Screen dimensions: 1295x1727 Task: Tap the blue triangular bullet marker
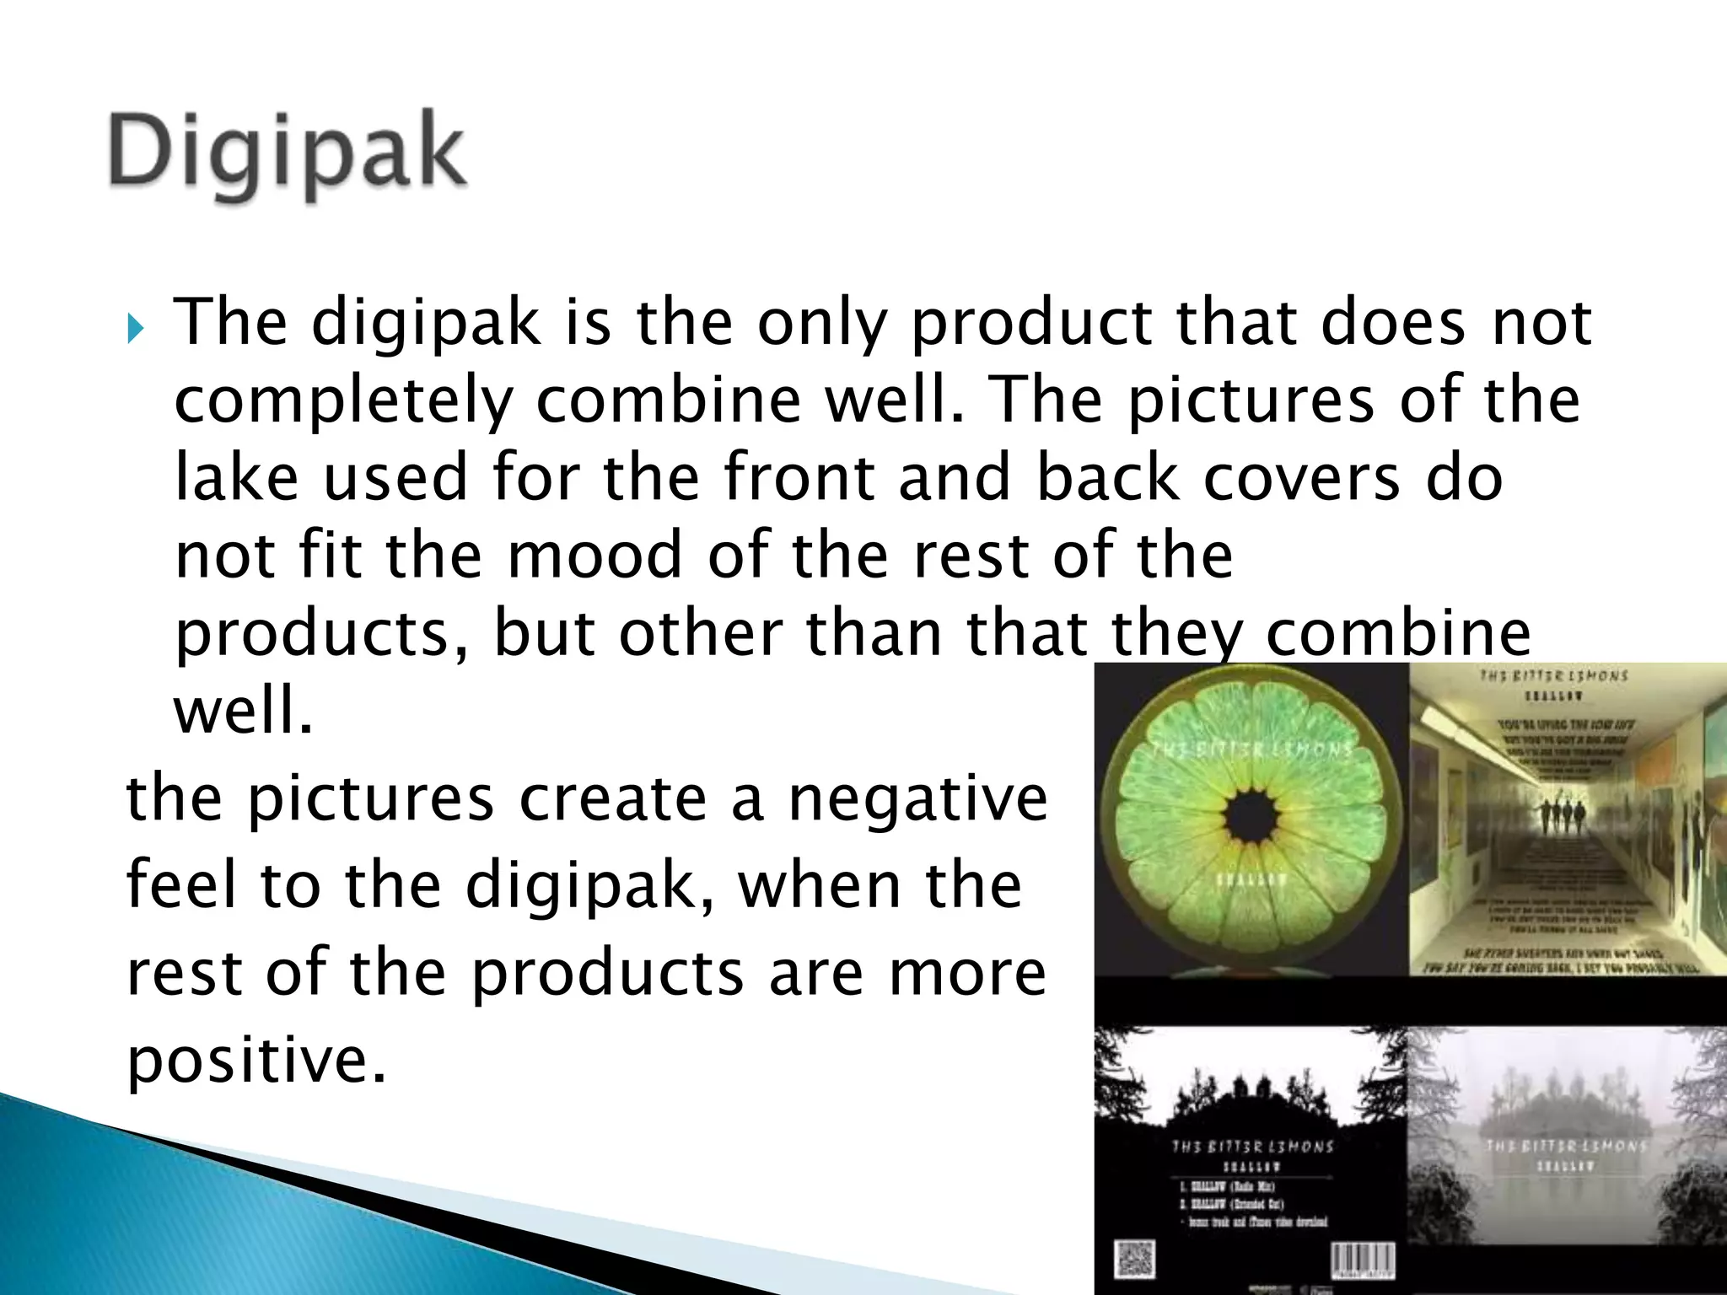[136, 328]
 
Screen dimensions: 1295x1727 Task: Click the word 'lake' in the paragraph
[236, 477]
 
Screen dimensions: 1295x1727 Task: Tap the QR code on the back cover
[1133, 1260]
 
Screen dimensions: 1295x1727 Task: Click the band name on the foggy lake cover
[1565, 1146]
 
